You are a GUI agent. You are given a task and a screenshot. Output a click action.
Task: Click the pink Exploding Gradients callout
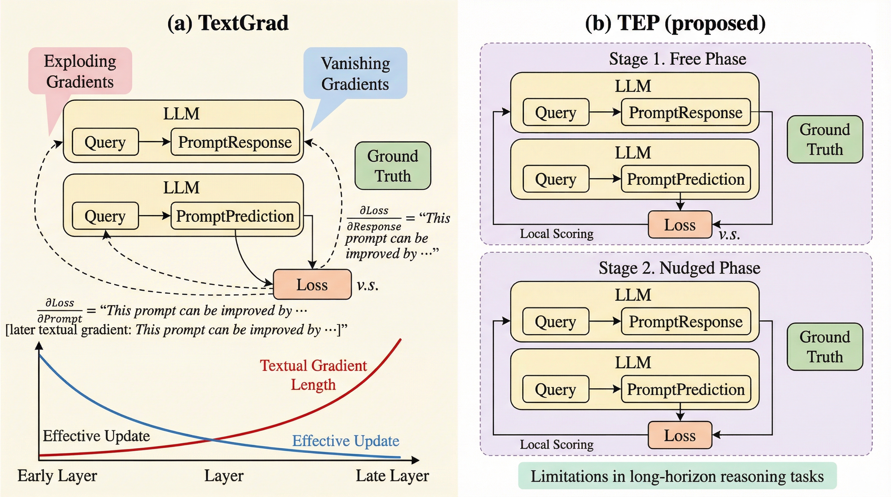(x=80, y=71)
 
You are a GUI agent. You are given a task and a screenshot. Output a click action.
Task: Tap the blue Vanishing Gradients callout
(x=355, y=73)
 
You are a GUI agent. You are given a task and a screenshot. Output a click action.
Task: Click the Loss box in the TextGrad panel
(x=312, y=284)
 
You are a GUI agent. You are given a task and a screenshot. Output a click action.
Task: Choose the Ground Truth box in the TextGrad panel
(x=393, y=166)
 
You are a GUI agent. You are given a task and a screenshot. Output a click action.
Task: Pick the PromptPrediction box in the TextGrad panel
(x=235, y=216)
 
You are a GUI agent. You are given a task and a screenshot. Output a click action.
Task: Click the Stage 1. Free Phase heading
(x=677, y=59)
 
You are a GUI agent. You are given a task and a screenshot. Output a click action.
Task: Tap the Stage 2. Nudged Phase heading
(x=679, y=268)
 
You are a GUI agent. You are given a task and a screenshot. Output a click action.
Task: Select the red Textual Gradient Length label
(x=313, y=375)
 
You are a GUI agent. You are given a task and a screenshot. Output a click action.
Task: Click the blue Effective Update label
(x=345, y=441)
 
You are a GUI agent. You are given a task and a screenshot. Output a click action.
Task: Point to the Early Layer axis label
(x=57, y=476)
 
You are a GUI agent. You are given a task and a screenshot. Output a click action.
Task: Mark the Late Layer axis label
(x=392, y=476)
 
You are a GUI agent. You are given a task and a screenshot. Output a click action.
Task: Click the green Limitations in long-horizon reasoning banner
(x=677, y=476)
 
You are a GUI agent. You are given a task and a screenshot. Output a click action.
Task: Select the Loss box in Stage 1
(x=680, y=225)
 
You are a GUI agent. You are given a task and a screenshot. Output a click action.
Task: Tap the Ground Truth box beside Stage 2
(x=825, y=347)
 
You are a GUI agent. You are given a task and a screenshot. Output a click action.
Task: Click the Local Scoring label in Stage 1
(x=557, y=234)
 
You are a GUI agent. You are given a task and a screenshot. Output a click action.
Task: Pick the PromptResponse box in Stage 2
(x=685, y=321)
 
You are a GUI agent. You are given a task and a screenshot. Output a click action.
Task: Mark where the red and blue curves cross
(x=212, y=440)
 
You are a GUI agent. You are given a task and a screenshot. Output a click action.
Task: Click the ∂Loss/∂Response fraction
(x=374, y=218)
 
